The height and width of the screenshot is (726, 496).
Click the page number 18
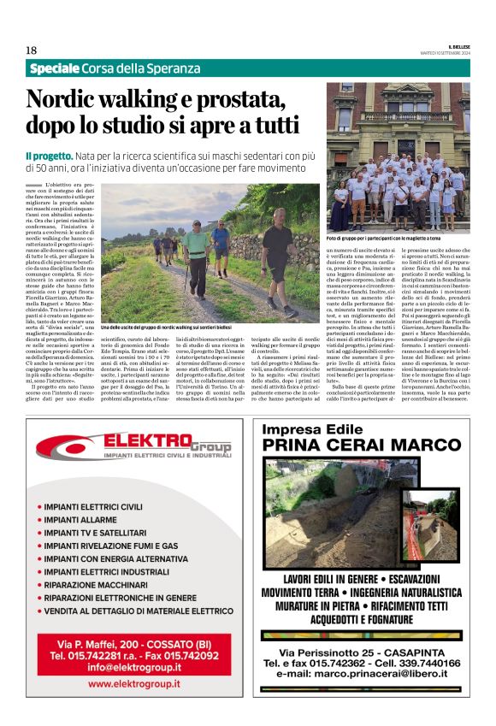(x=31, y=50)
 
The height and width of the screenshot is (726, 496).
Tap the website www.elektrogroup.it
(x=134, y=684)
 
